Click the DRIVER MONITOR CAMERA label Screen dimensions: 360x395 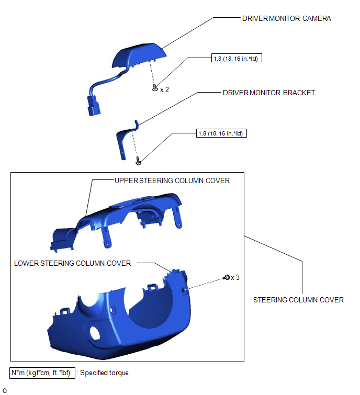pyautogui.click(x=286, y=18)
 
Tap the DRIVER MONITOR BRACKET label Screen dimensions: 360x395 pyautogui.click(x=269, y=93)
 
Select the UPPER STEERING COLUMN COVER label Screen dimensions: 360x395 pyautogui.click(x=172, y=180)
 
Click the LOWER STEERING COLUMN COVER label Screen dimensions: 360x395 pyautogui.click(x=72, y=263)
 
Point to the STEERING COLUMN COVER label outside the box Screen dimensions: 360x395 pyautogui.click(x=298, y=300)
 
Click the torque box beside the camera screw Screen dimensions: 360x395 pyautogui.click(x=237, y=58)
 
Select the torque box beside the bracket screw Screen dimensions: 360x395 pyautogui.click(x=221, y=133)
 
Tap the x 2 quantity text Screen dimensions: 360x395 pyautogui.click(x=164, y=89)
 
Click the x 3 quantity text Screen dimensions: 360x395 pyautogui.click(x=235, y=278)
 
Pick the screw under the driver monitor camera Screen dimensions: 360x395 pyautogui.click(x=155, y=88)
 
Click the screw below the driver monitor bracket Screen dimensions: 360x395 pyautogui.click(x=138, y=161)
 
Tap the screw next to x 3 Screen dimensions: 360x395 pyautogui.click(x=227, y=277)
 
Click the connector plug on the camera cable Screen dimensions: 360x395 pyautogui.click(x=94, y=106)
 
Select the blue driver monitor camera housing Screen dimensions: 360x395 pyautogui.click(x=139, y=55)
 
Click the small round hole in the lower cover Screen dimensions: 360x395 pyautogui.click(x=95, y=333)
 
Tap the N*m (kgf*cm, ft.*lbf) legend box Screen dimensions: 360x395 pyautogui.click(x=42, y=373)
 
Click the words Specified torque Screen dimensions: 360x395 pyautogui.click(x=104, y=373)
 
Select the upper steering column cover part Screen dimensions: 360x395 pyautogui.click(x=116, y=222)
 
